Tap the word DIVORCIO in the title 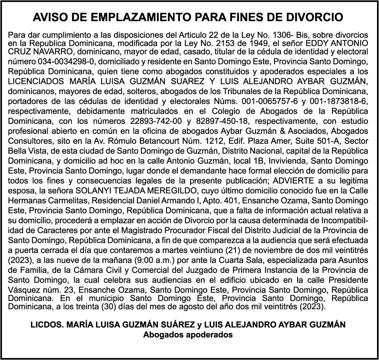coord(313,17)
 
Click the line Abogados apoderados coord(188,335)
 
